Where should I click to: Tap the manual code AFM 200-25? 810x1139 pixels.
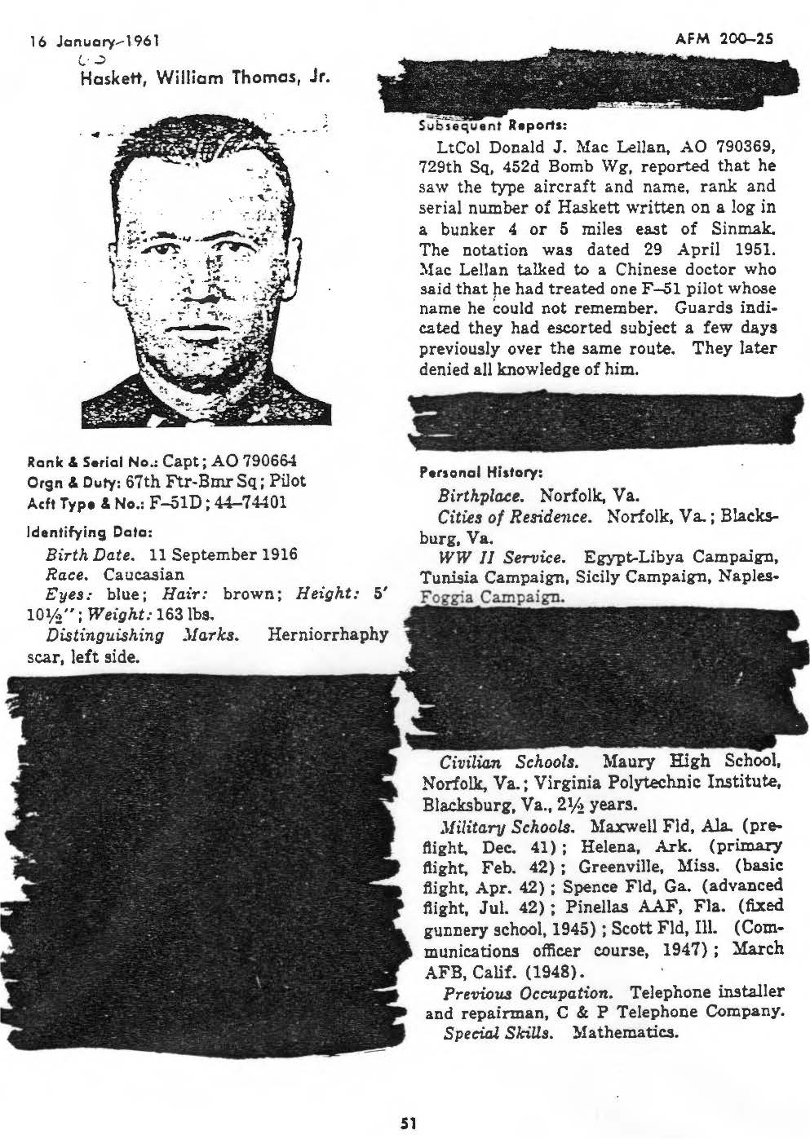click(x=725, y=38)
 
